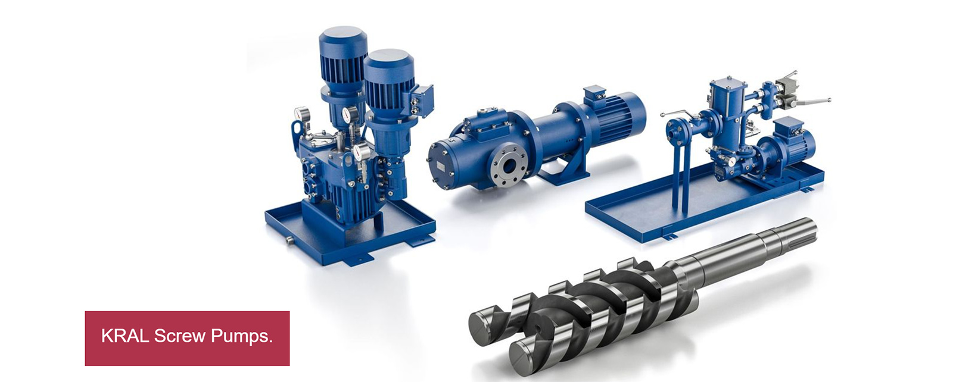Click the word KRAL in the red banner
coord(125,336)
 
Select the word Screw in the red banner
coord(180,336)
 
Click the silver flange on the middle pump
coord(509,166)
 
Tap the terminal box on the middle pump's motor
coord(594,93)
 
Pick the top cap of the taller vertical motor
coord(343,33)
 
